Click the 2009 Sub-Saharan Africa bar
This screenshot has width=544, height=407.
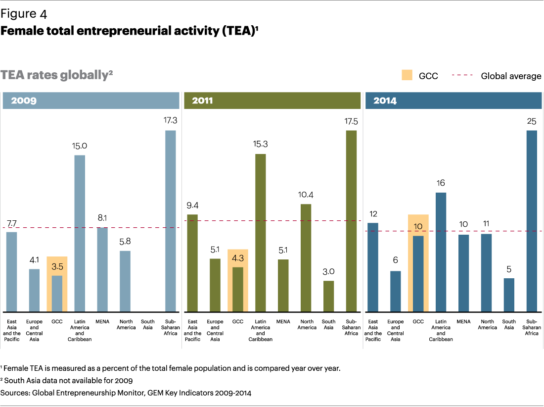pos(170,221)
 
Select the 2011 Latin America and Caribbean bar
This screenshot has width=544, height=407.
pos(261,233)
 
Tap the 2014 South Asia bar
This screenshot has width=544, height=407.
pos(509,295)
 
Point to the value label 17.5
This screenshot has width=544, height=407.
pos(351,121)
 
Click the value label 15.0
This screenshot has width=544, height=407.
pos(80,146)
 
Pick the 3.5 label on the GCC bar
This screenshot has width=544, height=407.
pos(57,267)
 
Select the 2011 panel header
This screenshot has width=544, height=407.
pos(272,101)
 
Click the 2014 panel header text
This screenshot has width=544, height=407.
pos(385,101)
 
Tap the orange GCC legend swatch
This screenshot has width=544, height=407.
pos(407,75)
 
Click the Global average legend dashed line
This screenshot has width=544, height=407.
pos(462,75)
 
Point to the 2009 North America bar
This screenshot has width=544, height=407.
pos(125,281)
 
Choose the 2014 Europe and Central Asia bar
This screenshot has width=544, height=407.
pos(396,291)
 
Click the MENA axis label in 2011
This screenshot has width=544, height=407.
pos(283,321)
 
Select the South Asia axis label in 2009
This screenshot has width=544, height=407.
pos(148,324)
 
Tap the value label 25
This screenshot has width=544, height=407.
pos(532,121)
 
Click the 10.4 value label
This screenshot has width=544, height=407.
pos(306,195)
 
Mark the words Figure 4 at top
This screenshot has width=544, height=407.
pos(24,14)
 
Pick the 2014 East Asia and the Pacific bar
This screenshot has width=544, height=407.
pos(373,267)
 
